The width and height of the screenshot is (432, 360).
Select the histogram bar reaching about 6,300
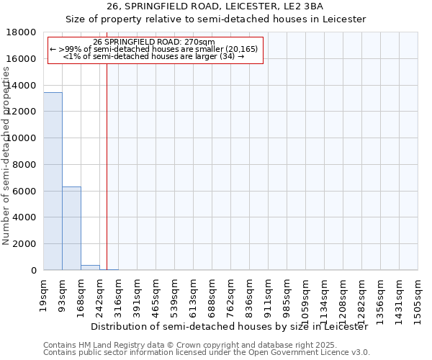click(x=71, y=228)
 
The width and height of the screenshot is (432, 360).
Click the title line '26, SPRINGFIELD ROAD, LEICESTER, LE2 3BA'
click(x=215, y=8)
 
